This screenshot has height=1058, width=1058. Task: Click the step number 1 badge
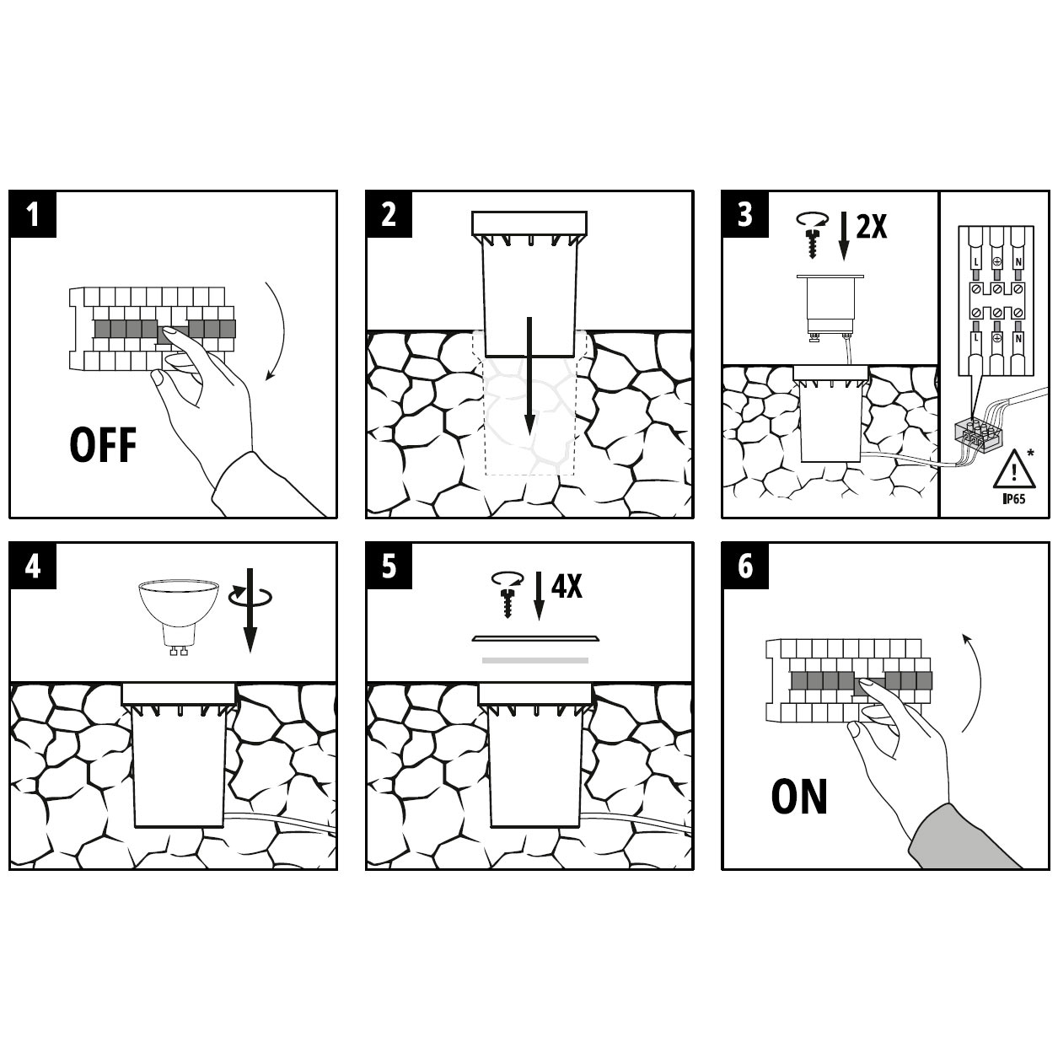(33, 213)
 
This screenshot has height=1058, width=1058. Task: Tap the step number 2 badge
(389, 213)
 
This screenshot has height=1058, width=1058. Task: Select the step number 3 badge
(745, 213)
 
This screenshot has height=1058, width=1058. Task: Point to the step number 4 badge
(33, 566)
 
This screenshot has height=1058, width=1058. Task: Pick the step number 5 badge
(389, 566)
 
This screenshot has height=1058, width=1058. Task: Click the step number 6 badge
(745, 566)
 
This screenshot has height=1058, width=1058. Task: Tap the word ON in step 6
(799, 797)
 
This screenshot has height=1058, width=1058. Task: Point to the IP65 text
(1014, 498)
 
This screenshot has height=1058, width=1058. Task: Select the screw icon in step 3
(813, 234)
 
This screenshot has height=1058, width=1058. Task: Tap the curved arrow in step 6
(971, 684)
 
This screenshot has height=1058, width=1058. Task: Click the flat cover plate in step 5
(535, 638)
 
